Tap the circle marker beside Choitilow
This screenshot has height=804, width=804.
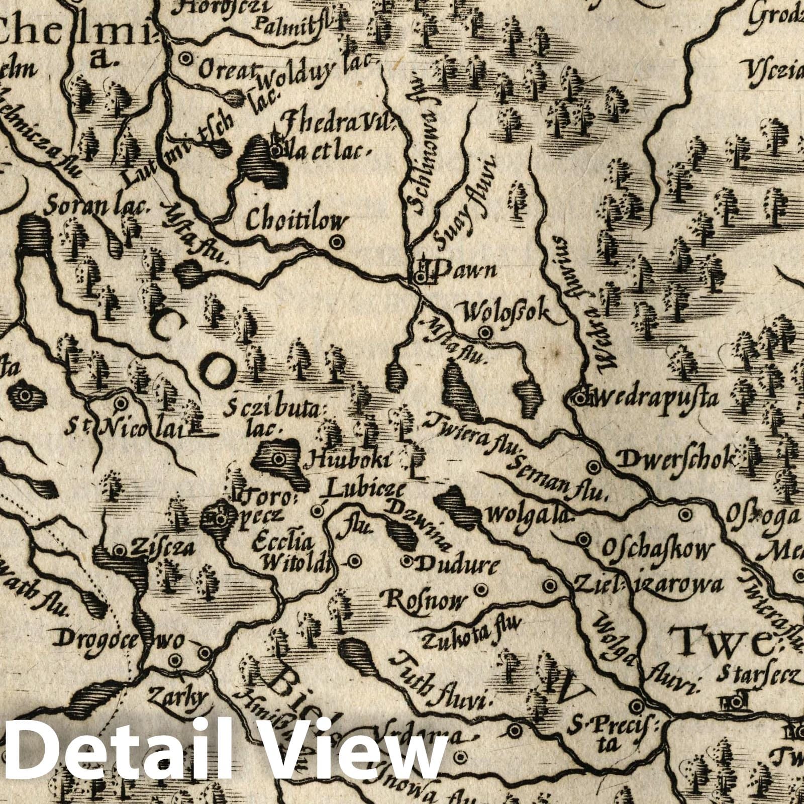pyautogui.click(x=336, y=242)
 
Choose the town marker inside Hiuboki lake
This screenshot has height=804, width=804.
pyautogui.click(x=278, y=458)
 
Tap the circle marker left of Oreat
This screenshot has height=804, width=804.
pyautogui.click(x=186, y=59)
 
